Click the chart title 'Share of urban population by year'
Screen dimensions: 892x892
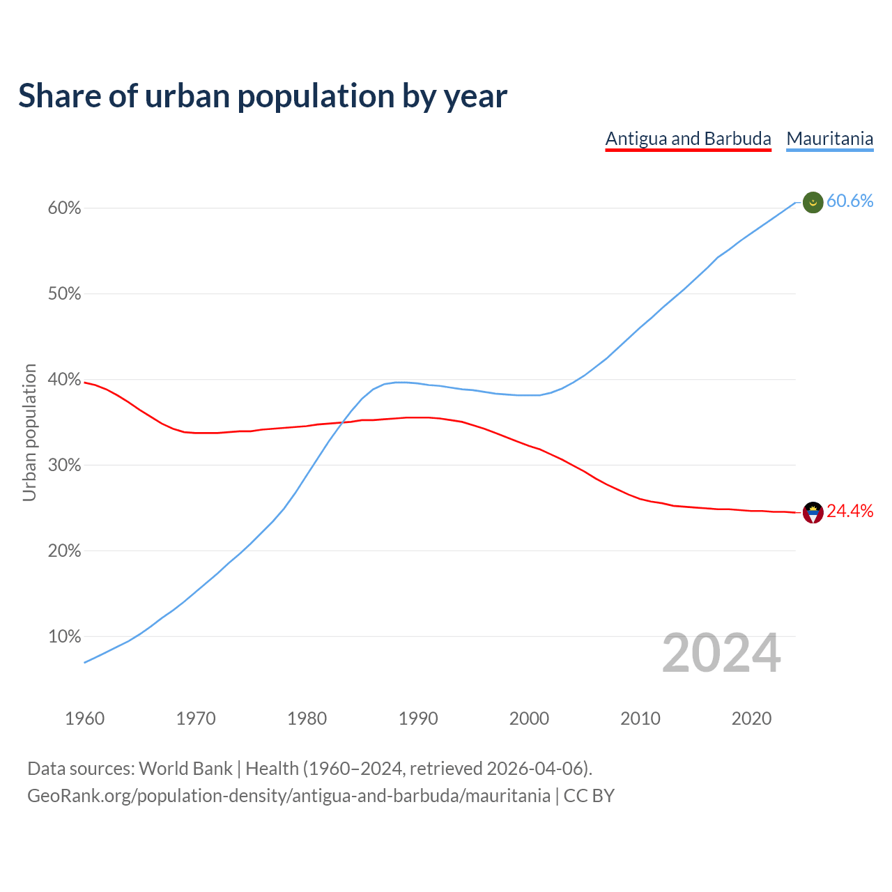coord(263,96)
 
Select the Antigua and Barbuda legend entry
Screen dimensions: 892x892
coord(688,139)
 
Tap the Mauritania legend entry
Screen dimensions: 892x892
coord(829,139)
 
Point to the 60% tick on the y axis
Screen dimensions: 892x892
coord(65,208)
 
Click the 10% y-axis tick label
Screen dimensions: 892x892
coord(65,636)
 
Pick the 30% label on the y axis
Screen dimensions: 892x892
coord(65,466)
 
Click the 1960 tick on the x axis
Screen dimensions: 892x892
coord(84,718)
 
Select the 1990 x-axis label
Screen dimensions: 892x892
coord(418,718)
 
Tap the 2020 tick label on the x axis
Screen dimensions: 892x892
coord(751,718)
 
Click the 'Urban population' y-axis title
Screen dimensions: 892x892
coord(29,432)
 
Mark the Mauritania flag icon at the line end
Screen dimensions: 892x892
coord(813,203)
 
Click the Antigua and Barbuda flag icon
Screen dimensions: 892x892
coord(813,513)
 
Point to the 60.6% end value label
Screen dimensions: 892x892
coord(849,201)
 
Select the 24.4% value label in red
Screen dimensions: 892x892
coord(849,512)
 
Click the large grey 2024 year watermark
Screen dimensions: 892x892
coord(721,653)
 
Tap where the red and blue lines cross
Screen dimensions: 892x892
coord(341,422)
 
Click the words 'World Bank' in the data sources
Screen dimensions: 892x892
coord(185,769)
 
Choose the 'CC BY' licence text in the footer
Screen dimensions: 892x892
coord(589,796)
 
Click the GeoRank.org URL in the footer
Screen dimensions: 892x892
coord(289,796)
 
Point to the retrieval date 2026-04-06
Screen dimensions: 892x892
coord(535,769)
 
